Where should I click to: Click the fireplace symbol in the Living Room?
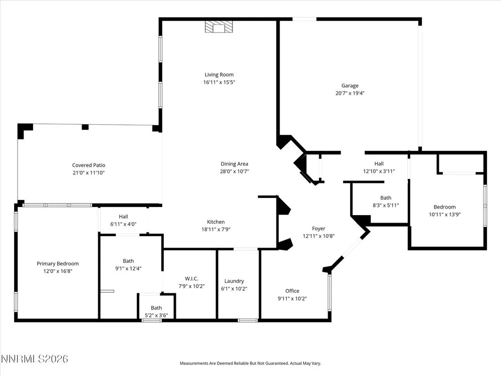pyautogui.click(x=219, y=27)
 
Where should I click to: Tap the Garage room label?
pyautogui.click(x=350, y=86)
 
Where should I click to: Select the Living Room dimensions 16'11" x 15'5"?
pyautogui.click(x=219, y=82)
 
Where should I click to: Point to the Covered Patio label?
pyautogui.click(x=89, y=165)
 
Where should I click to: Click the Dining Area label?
pyautogui.click(x=234, y=164)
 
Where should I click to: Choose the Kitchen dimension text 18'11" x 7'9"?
pyautogui.click(x=216, y=229)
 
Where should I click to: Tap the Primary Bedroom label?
pyautogui.click(x=58, y=264)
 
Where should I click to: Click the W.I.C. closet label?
pyautogui.click(x=191, y=279)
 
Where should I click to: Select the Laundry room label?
pyautogui.click(x=234, y=281)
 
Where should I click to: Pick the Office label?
pyautogui.click(x=293, y=291)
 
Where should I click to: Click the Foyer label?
pyautogui.click(x=319, y=229)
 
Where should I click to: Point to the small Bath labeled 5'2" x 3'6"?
pyautogui.click(x=156, y=308)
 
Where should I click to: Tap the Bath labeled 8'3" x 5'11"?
pyautogui.click(x=386, y=198)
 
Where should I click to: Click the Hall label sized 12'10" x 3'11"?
pyautogui.click(x=379, y=164)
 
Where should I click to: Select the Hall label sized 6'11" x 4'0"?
pyautogui.click(x=123, y=217)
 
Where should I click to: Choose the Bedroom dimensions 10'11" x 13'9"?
pyautogui.click(x=445, y=215)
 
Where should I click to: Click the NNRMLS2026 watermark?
pyautogui.click(x=35, y=359)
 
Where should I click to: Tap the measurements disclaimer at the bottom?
pyautogui.click(x=250, y=363)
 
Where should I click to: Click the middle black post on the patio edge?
pyautogui.click(x=85, y=127)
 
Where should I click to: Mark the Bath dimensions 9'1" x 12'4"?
pyautogui.click(x=128, y=269)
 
